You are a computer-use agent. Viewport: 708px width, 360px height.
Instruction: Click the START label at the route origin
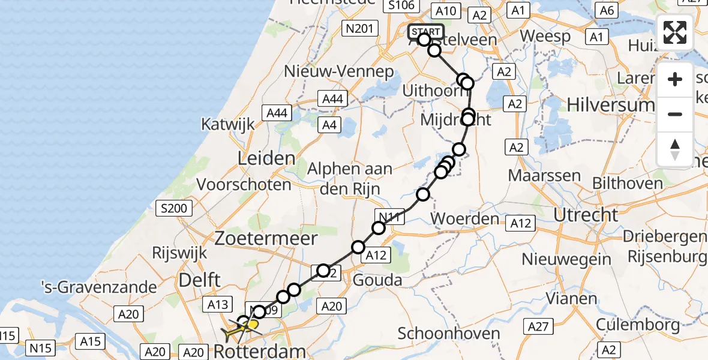tap(426, 31)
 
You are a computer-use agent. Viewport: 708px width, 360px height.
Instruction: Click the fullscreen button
tap(675, 32)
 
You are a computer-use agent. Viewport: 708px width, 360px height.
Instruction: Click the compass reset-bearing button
tap(675, 149)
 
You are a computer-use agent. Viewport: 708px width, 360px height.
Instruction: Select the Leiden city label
tap(266, 159)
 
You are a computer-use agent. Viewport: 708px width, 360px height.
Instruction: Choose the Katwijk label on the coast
tap(228, 125)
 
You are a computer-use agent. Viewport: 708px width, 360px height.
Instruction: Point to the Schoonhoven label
tap(449, 334)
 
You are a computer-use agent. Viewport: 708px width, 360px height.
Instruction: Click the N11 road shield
tap(389, 216)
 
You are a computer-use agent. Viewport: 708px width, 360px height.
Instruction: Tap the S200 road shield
tap(174, 209)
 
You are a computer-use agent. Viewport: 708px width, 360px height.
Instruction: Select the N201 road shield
tap(360, 28)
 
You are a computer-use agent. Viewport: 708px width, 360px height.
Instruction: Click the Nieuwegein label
tap(566, 259)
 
